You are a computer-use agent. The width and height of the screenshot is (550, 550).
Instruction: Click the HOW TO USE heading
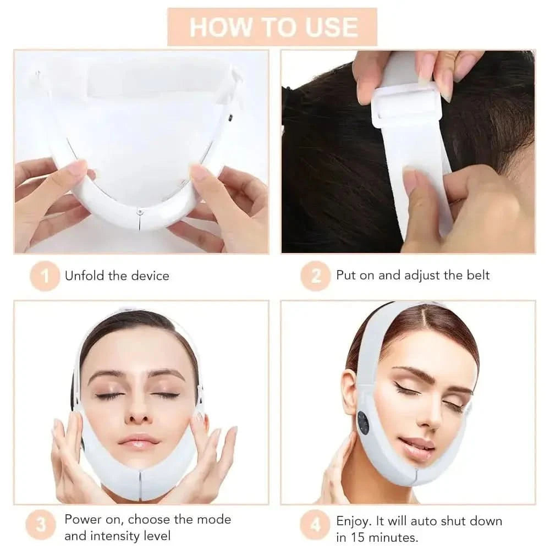[273, 28]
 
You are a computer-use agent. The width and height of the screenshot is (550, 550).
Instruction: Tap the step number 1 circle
[45, 276]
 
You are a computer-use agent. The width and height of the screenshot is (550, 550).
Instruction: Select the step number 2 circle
[316, 276]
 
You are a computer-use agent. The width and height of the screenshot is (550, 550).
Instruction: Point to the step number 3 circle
[41, 525]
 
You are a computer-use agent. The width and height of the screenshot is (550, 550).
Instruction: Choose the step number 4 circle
[315, 525]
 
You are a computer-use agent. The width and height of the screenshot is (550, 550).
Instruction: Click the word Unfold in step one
[85, 276]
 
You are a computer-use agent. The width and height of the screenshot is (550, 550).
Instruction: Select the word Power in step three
[84, 519]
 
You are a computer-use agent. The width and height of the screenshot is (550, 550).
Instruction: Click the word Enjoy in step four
[353, 521]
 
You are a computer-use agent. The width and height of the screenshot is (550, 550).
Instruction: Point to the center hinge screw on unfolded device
[140, 212]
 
